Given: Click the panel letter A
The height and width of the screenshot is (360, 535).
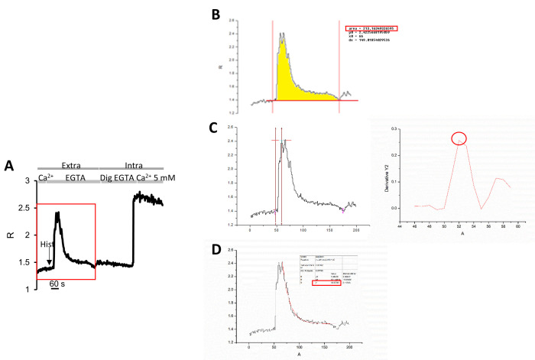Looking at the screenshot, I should (9, 165).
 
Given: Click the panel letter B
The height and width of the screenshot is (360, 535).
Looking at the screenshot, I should (217, 15).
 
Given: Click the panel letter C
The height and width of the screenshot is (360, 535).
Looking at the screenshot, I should (216, 128).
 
